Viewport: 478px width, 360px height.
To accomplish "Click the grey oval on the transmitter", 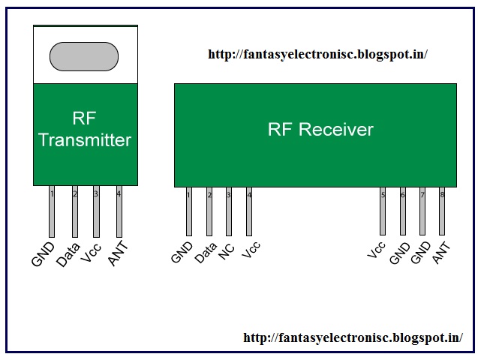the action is pos(84,57).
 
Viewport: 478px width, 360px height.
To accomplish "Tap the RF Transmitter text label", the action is pos(85,129).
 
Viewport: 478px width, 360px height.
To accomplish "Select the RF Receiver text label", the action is pos(320,129).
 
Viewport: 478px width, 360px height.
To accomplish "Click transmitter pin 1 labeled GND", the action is pos(52,211).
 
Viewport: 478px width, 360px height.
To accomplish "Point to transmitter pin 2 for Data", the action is pos(75,211).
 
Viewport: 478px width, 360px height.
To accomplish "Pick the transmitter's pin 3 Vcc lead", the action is pos(96,211).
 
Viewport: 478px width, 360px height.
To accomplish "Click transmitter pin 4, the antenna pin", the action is pos(119,211).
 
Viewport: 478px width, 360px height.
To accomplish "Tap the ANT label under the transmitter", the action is pos(118,253).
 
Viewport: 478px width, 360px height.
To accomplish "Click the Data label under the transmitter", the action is pos(68,254).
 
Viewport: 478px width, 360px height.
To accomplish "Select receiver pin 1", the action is pos(189,211).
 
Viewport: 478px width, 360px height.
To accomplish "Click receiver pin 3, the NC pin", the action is pos(229,211).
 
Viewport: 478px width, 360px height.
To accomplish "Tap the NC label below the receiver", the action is pos(227,251).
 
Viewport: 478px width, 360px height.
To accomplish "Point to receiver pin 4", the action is pos(249,211).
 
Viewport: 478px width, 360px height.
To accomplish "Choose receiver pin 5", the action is pos(383,211).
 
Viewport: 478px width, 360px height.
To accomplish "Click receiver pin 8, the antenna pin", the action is pos(442,211).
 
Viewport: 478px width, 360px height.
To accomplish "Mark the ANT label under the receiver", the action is pos(441,253).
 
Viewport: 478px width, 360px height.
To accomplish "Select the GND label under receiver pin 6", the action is pos(400,253).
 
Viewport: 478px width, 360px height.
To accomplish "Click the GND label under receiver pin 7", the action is pos(421,253).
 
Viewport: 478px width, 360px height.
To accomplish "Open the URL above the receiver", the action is pos(318,55).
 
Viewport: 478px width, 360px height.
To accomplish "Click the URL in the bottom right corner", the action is pos(353,337).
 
